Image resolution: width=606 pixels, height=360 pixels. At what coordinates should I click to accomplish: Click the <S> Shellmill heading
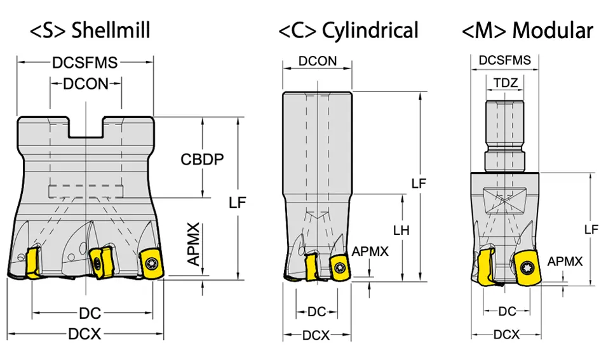pos(90,30)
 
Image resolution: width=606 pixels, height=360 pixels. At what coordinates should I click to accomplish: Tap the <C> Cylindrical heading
pos(348,30)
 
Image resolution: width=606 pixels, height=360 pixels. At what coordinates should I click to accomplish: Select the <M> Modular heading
pos(527,30)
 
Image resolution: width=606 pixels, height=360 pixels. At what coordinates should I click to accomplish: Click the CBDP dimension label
pos(202,159)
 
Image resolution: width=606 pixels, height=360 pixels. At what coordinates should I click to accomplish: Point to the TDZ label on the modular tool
pos(506,83)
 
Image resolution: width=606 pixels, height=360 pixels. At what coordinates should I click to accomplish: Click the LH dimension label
pos(401,230)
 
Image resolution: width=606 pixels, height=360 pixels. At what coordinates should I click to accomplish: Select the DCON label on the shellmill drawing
pos(86,84)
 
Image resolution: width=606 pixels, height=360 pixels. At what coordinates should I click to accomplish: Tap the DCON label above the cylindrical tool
pos(318,61)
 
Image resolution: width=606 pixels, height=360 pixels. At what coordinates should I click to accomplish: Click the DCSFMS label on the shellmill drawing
pos(85,62)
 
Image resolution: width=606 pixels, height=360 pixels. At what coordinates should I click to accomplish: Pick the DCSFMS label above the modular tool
pos(505,60)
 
